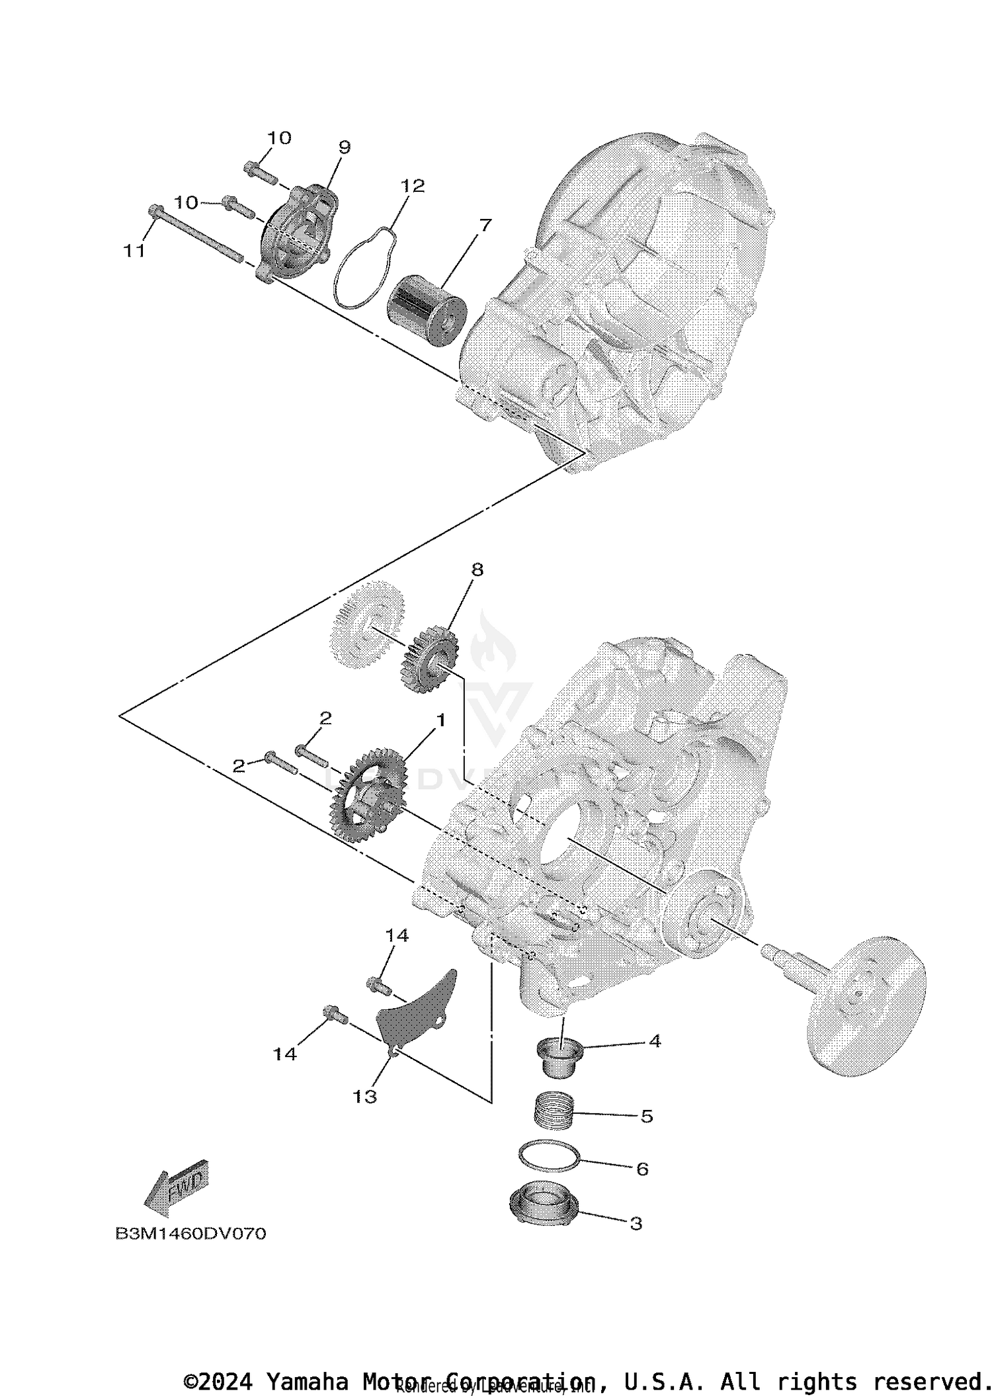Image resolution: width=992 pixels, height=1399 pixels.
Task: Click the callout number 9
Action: pyautogui.click(x=344, y=148)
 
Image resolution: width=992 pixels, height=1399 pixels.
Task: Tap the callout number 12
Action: pyautogui.click(x=412, y=186)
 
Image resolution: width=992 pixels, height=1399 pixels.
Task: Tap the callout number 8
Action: pyautogui.click(x=477, y=570)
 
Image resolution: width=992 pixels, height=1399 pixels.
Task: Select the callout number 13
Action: pyautogui.click(x=364, y=1097)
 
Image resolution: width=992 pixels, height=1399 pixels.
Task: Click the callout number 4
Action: pyautogui.click(x=655, y=1041)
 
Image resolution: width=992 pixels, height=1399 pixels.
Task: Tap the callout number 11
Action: pyautogui.click(x=134, y=251)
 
